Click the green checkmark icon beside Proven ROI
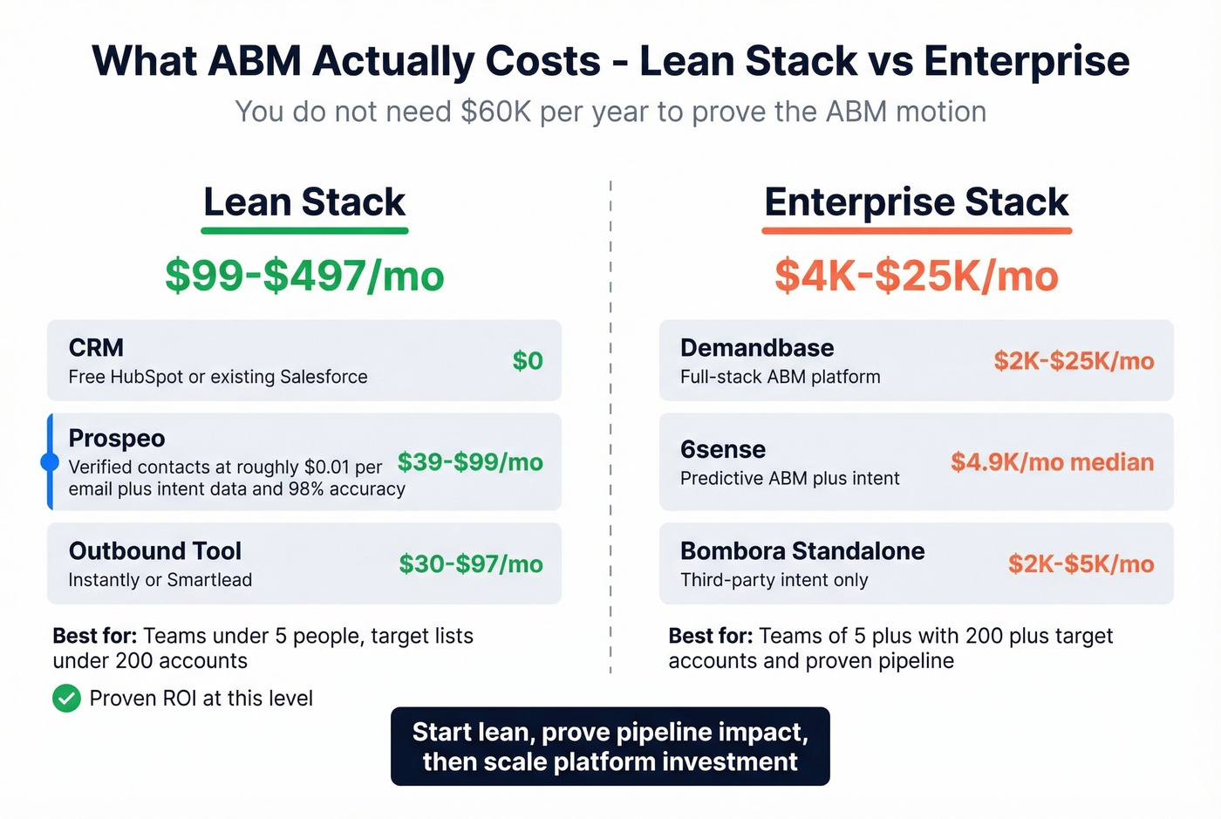66,699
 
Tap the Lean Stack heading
304,202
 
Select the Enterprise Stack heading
916,202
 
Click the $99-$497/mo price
304,276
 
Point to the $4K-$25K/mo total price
916,276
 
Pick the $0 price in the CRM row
528,361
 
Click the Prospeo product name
117,438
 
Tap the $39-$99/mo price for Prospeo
470,462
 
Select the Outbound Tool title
155,551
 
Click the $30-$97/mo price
471,564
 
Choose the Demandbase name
757,348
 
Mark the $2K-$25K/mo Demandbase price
1074,361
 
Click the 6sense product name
723,450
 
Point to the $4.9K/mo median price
1052,462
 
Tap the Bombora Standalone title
802,551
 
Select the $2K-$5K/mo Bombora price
1081,564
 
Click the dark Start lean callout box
610,747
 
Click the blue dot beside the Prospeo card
50,462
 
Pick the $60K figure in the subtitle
495,112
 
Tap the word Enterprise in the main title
1027,61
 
